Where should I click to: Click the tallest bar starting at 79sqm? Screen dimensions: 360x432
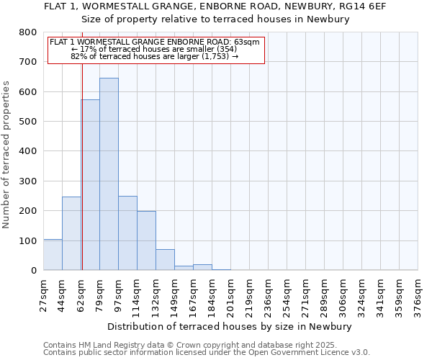(109, 174)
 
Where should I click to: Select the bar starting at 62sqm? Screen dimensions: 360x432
(90, 185)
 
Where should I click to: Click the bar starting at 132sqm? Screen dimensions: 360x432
(165, 259)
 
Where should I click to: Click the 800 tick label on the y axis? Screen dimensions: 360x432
(28, 32)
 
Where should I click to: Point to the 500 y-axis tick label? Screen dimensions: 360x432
(28, 122)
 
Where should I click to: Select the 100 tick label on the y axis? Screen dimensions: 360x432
(28, 240)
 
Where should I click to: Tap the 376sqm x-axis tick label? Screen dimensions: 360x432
(418, 296)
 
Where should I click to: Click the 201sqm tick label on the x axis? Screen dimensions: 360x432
(230, 296)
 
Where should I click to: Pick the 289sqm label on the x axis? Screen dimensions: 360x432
(324, 296)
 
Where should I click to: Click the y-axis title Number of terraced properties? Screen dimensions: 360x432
(8, 154)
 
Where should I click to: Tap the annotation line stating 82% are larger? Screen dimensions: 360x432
(155, 55)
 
